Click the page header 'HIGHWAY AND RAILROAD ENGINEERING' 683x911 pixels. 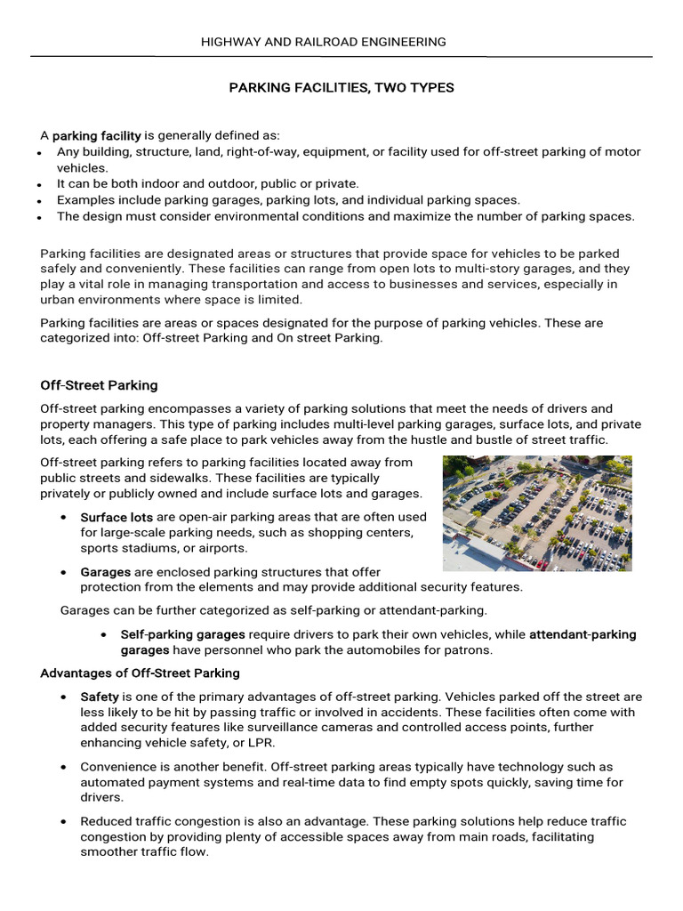point(324,42)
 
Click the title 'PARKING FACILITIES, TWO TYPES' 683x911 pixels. point(341,88)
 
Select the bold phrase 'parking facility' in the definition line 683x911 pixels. point(96,136)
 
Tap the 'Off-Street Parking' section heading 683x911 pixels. point(99,385)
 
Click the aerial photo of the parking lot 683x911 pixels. point(536,513)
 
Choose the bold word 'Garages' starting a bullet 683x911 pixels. point(105,572)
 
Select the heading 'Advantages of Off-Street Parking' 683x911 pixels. point(140,673)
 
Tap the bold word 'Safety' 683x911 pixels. point(100,697)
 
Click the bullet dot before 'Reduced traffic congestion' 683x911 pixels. point(65,822)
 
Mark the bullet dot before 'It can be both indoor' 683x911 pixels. point(41,185)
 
